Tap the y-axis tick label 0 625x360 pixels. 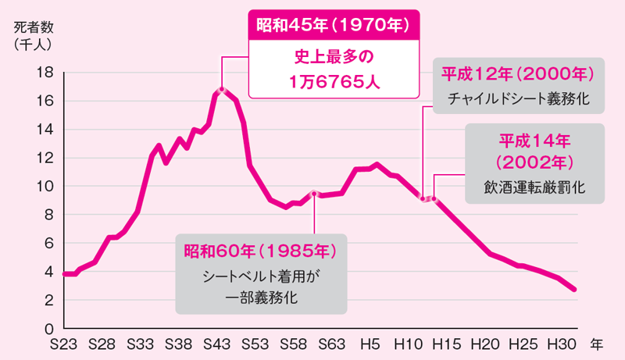(x=48, y=329)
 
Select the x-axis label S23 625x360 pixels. (x=63, y=344)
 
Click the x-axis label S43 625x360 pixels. (x=218, y=344)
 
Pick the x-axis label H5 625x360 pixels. (x=371, y=344)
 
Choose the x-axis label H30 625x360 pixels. (x=564, y=344)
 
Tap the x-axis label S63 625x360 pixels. (x=333, y=344)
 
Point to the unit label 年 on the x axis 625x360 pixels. (x=597, y=344)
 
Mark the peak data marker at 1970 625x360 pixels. (x=222, y=90)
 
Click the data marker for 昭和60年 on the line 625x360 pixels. (x=314, y=193)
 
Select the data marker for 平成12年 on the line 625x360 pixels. (x=423, y=198)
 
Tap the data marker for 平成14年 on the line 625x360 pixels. (x=434, y=198)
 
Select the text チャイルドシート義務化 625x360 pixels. (x=518, y=99)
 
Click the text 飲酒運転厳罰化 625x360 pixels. (x=534, y=187)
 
